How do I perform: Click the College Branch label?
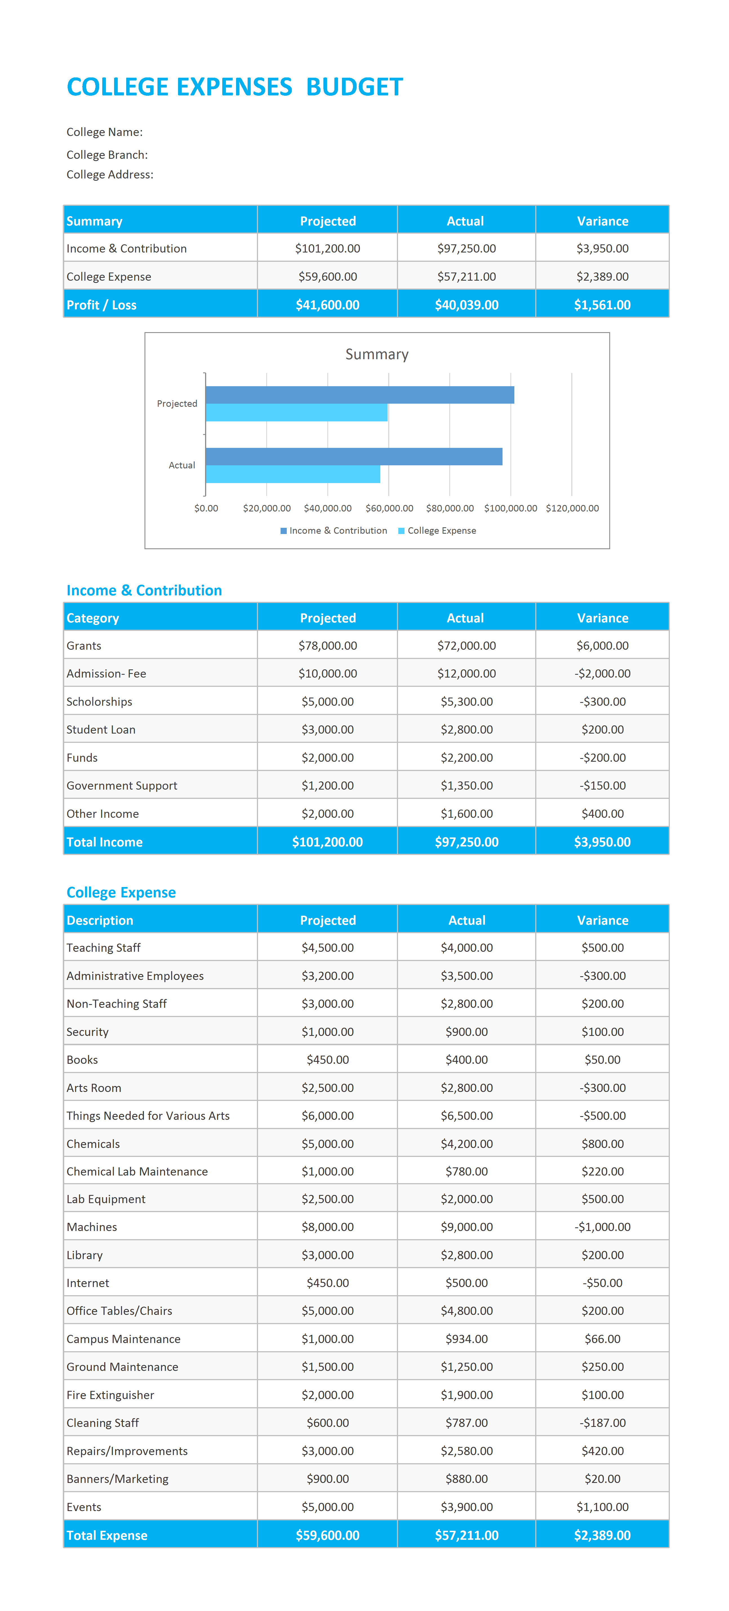point(107,155)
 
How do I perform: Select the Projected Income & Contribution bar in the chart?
point(360,395)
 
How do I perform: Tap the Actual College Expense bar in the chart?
point(293,474)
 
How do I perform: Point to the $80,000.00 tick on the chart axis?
point(450,508)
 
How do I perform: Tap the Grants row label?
point(84,645)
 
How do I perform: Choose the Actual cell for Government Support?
point(467,785)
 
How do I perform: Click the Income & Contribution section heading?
point(144,590)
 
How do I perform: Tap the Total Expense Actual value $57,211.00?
point(467,1535)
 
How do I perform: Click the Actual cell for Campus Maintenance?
point(467,1339)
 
